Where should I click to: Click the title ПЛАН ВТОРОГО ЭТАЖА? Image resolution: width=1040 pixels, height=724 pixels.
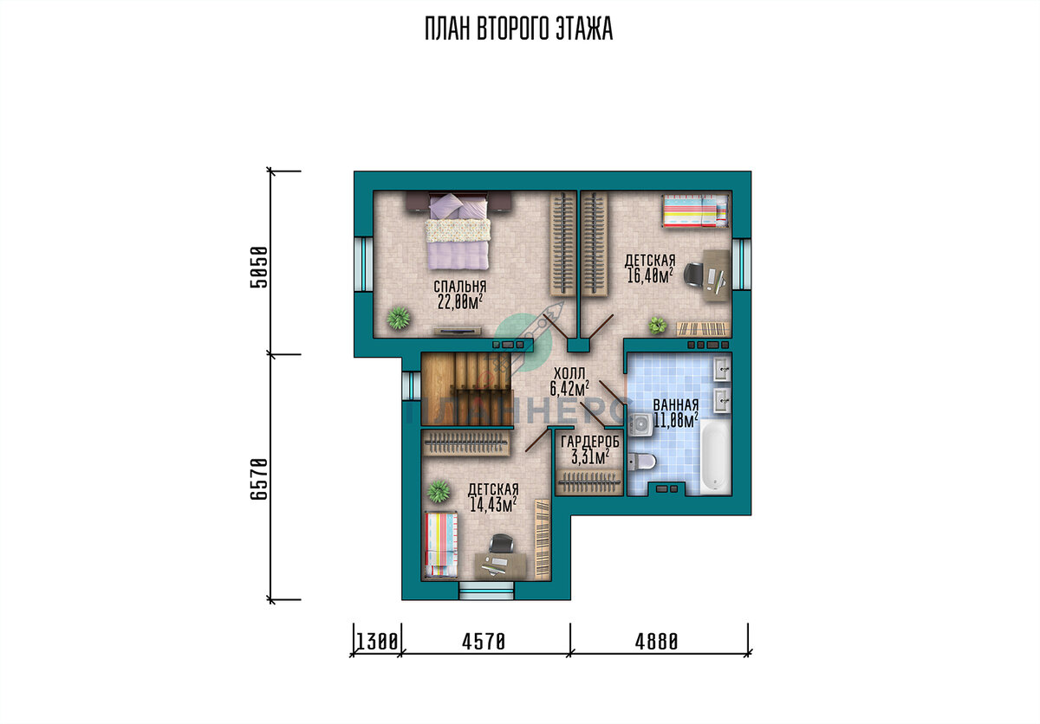click(x=518, y=29)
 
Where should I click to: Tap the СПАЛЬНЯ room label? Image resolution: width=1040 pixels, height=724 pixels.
click(x=459, y=287)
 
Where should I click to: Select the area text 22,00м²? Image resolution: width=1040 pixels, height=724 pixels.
click(x=459, y=302)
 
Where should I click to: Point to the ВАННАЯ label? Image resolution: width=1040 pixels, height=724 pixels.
click(x=675, y=405)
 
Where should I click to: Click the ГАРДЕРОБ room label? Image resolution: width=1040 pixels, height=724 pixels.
click(x=589, y=442)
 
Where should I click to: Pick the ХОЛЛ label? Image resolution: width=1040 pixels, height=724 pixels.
click(x=569, y=373)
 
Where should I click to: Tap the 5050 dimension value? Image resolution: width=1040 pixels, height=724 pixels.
click(x=259, y=267)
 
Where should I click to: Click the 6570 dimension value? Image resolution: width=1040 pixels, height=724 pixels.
click(x=259, y=479)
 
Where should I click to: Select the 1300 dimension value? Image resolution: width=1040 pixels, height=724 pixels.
click(x=376, y=642)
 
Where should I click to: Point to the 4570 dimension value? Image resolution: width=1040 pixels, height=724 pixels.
click(x=484, y=642)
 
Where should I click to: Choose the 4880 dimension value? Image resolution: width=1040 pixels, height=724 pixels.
click(x=657, y=642)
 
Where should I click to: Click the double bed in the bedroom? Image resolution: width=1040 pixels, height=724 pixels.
click(x=458, y=230)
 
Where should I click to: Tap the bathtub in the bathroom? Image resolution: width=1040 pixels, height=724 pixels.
click(x=715, y=456)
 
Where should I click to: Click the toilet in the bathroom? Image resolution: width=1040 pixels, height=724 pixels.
click(x=642, y=462)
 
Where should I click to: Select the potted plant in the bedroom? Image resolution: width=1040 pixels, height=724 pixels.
click(x=399, y=318)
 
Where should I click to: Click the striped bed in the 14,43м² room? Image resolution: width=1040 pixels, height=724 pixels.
click(x=441, y=544)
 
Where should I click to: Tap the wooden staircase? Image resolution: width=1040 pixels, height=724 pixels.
click(x=466, y=389)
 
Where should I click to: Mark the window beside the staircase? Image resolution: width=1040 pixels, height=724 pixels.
click(x=412, y=385)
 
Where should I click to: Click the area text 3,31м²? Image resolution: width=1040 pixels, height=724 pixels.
click(x=589, y=457)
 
